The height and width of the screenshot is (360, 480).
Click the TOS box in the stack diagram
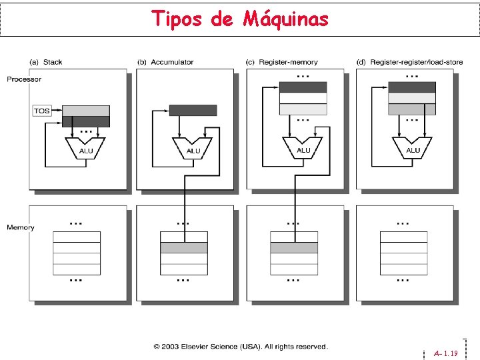[42, 111]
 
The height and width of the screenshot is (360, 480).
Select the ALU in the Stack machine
[85, 148]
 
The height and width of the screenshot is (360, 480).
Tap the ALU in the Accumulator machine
[193, 148]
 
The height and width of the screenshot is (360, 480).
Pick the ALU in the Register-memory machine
[303, 148]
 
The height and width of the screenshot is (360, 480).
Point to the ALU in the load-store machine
[412, 148]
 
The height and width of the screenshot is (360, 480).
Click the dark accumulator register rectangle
[193, 110]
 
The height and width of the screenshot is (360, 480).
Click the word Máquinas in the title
[285, 19]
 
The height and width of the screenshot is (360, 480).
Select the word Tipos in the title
[177, 19]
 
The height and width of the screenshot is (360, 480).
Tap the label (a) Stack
[46, 62]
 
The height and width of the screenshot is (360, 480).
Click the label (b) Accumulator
[165, 62]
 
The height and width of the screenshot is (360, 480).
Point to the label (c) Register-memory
[282, 62]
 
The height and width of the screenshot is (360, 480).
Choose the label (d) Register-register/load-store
[409, 62]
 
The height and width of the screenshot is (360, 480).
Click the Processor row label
[24, 79]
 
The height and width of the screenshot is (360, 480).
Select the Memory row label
[21, 227]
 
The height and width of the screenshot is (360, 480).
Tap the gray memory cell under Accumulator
[184, 247]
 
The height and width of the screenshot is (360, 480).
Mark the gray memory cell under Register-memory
[294, 247]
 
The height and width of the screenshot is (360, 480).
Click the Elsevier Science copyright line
[241, 347]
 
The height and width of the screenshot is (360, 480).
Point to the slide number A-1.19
[446, 353]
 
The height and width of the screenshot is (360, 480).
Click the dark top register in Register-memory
[303, 87]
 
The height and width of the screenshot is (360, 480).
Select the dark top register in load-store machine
[412, 87]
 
